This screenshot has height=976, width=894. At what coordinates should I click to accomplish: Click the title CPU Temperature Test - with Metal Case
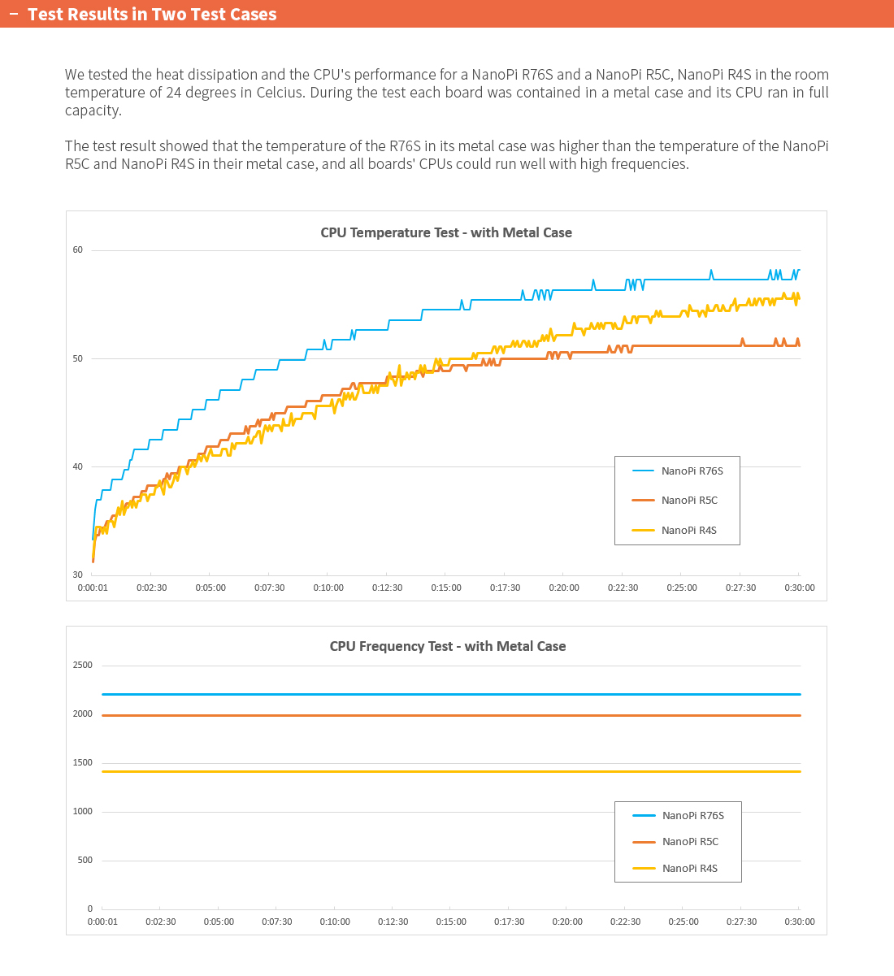point(446,232)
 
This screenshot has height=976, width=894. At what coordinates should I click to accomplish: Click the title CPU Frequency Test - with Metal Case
point(447,646)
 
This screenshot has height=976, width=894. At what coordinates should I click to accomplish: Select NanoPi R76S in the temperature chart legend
point(692,471)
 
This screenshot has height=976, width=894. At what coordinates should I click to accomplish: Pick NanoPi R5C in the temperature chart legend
point(689,501)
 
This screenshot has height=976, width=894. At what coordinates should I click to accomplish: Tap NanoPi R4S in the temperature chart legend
point(688,531)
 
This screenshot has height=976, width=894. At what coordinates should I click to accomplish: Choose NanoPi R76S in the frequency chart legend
point(692,815)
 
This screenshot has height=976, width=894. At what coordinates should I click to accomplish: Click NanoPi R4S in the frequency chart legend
point(689,868)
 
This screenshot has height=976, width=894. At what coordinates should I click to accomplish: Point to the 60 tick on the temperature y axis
point(78,250)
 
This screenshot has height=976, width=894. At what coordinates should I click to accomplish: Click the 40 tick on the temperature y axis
point(78,466)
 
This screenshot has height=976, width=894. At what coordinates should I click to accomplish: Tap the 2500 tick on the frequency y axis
point(83,665)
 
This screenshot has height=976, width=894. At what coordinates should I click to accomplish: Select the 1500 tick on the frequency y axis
point(83,762)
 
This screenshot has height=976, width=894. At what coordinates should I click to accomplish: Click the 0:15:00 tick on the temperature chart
point(446,588)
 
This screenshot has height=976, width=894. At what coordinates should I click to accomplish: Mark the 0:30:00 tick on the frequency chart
point(800,922)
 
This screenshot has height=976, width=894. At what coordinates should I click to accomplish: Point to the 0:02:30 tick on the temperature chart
point(151,588)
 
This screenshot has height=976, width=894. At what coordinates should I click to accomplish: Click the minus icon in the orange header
point(13,14)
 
